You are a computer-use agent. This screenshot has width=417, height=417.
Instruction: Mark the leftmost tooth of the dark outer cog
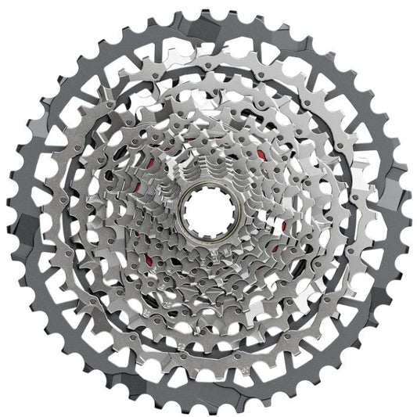click(x=9, y=210)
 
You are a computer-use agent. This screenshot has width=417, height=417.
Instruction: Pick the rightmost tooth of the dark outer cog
click(x=407, y=210)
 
